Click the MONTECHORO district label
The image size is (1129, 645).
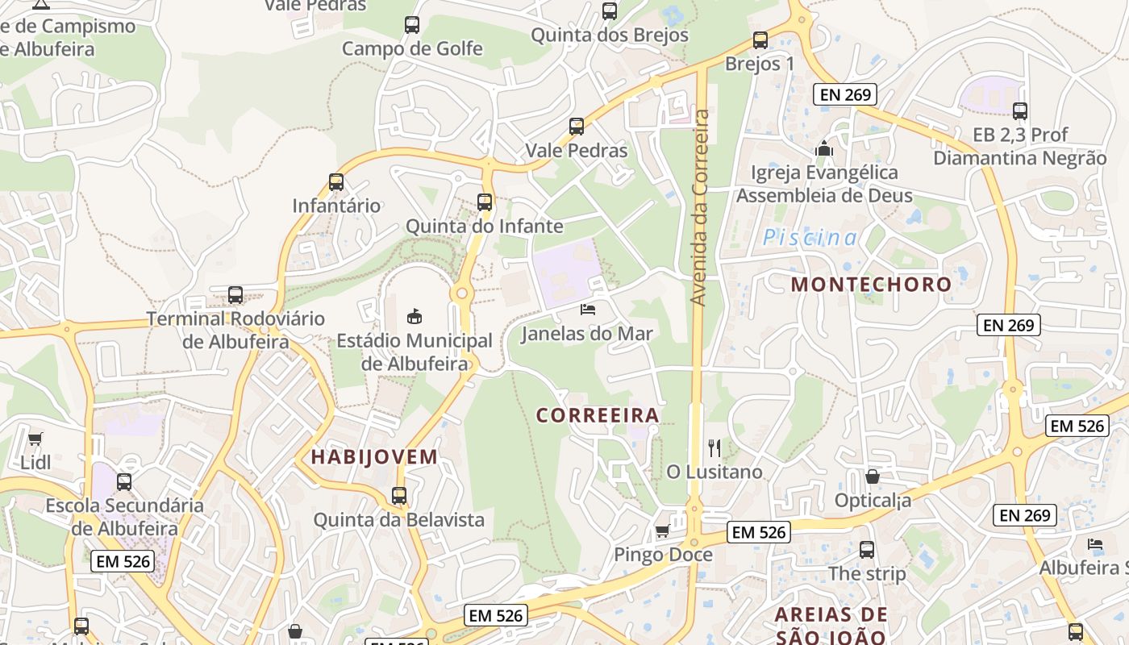(871, 285)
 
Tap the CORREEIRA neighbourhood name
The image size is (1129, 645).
(598, 416)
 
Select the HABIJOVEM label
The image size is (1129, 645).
(374, 457)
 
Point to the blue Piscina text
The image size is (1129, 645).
(810, 238)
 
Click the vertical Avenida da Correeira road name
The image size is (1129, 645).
(699, 208)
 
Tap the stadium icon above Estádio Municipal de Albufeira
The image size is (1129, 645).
(415, 316)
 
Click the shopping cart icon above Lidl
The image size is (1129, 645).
(35, 439)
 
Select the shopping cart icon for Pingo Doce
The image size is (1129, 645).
(662, 531)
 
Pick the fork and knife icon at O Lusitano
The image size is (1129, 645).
(714, 447)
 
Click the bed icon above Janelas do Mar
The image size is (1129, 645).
(587, 310)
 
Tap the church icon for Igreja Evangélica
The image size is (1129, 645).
(824, 148)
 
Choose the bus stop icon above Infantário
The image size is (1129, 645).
(336, 182)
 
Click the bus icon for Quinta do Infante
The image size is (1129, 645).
(485, 202)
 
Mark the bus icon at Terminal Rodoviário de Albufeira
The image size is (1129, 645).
(235, 295)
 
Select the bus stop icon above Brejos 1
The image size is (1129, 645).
(760, 40)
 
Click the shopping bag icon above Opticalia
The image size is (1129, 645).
(872, 477)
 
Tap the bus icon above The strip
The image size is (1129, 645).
(867, 550)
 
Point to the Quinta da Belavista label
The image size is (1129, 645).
(398, 520)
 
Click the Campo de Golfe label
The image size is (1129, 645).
(412, 48)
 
